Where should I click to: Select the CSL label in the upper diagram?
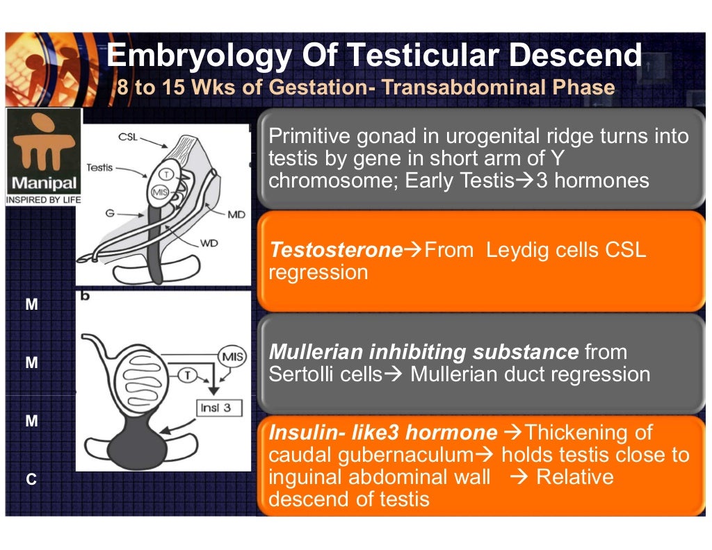(128, 137)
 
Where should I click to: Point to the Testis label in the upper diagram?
(99, 168)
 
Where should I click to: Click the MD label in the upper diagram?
(236, 215)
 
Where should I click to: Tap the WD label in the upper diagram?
(209, 244)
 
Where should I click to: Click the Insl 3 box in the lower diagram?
(215, 408)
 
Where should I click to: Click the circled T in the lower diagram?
(188, 376)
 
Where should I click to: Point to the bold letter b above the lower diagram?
(86, 296)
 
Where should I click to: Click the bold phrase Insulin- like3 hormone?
(382, 433)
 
